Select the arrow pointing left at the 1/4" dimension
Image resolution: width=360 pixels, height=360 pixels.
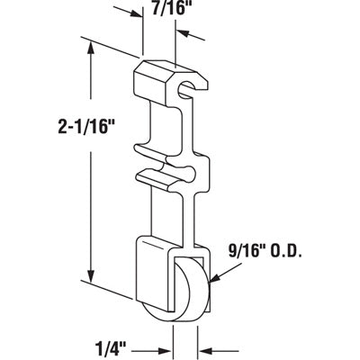tap(211, 343)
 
